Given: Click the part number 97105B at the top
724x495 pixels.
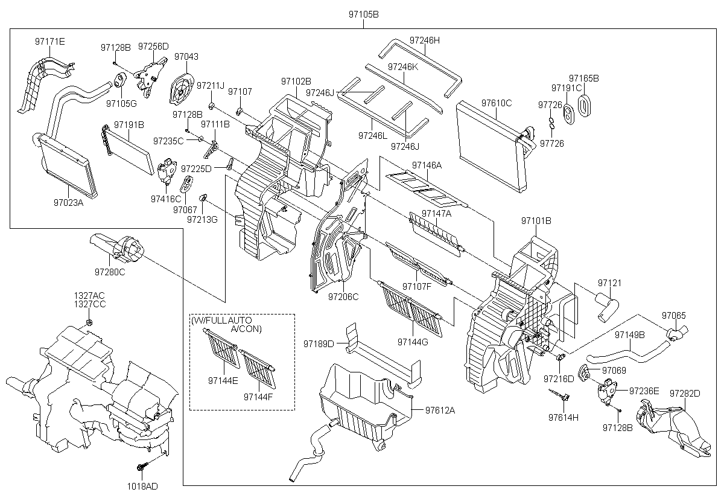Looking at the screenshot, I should click(362, 14).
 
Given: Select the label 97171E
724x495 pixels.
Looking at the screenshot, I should click(49, 41).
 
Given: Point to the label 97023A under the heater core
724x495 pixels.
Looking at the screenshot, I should click(67, 203).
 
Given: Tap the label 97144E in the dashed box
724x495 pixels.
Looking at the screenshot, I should click(223, 380).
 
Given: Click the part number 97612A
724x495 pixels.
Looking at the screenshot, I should click(440, 410).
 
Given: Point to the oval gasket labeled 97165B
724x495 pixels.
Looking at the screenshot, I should click(584, 103).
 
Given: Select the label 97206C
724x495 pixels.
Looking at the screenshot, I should click(343, 296).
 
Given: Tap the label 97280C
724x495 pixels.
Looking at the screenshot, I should click(109, 272).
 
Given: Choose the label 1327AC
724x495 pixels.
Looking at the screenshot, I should click(89, 295).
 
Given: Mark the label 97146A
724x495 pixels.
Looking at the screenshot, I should click(427, 165).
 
